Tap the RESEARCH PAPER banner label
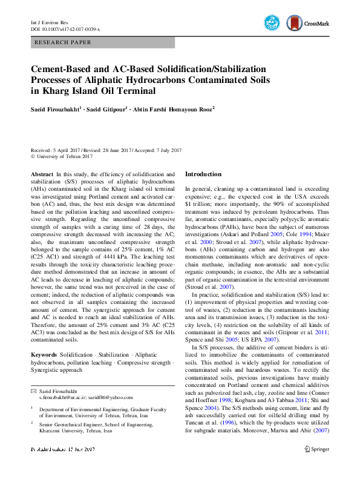pyautogui.click(x=64, y=43)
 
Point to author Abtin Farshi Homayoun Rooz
pyautogui.click(x=177, y=109)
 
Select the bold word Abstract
pyautogui.click(x=42, y=174)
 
